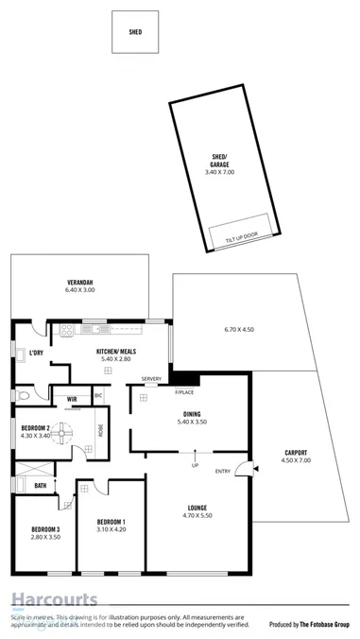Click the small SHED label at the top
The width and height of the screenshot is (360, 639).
point(135,31)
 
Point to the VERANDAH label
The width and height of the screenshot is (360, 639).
point(78,284)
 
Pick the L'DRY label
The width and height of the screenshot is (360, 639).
point(37,354)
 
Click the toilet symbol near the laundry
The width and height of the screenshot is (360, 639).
point(23,393)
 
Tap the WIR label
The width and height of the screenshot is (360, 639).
point(72,398)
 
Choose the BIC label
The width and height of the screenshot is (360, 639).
point(98,395)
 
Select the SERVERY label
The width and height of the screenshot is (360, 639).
point(151,379)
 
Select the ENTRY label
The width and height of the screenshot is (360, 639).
point(223,471)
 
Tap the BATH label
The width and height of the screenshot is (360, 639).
point(41,486)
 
